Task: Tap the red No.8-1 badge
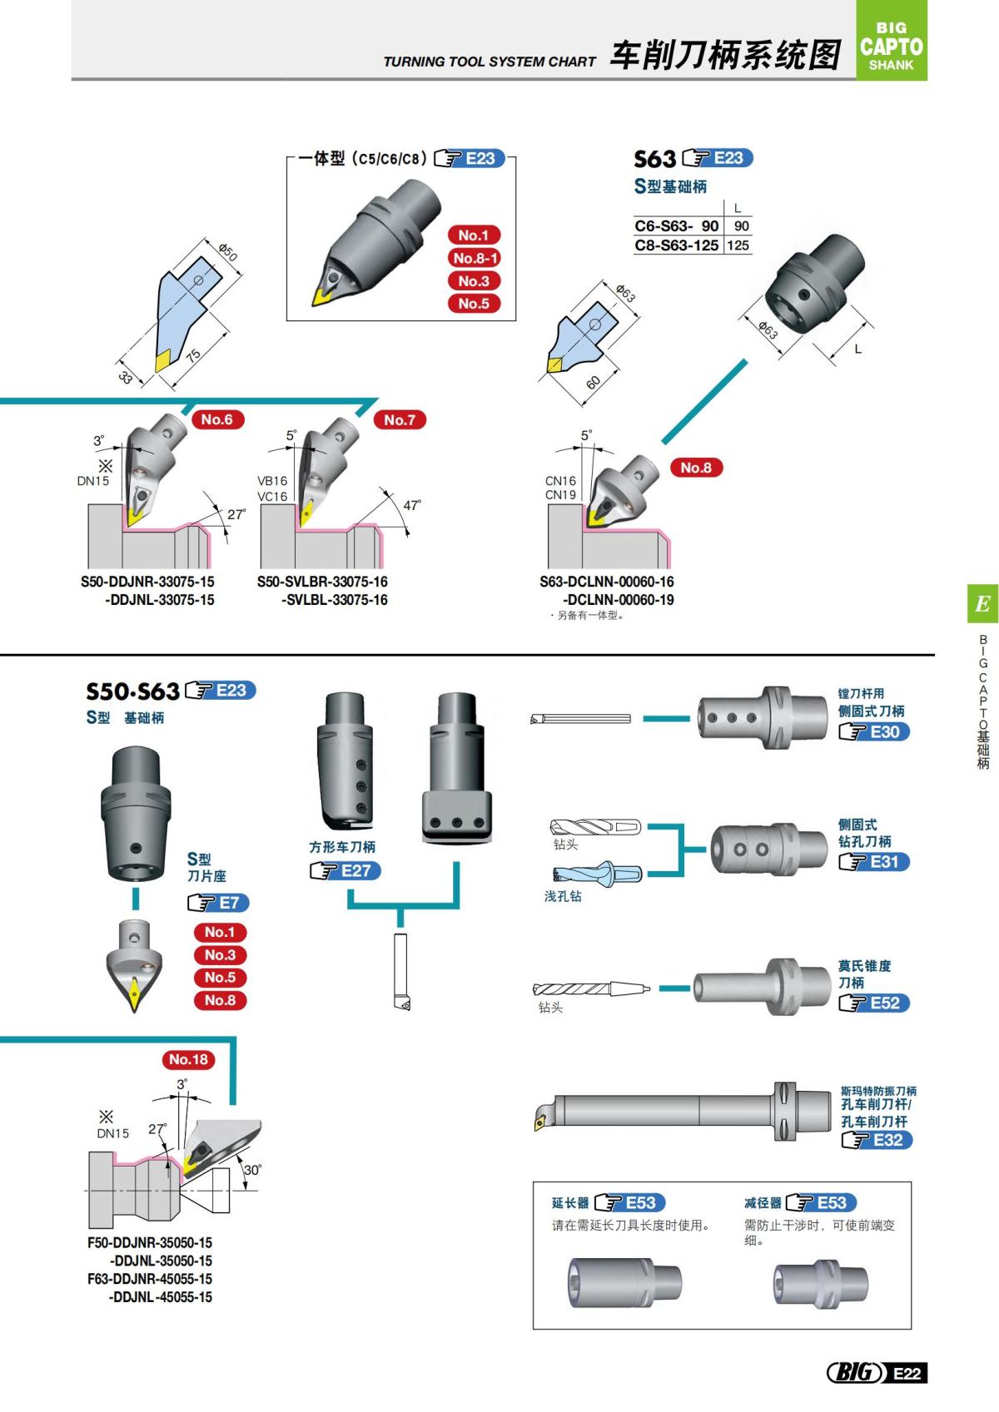(x=475, y=258)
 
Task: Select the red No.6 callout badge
(x=216, y=419)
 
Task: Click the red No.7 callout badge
(x=400, y=420)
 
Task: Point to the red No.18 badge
(x=188, y=1059)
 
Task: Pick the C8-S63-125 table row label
(x=676, y=245)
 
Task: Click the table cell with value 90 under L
(x=741, y=226)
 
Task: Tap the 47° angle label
(x=411, y=505)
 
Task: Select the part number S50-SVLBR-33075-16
(x=322, y=582)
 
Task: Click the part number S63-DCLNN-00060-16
(x=606, y=582)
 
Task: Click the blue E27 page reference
(x=355, y=871)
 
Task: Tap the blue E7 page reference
(x=228, y=903)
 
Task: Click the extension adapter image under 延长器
(x=624, y=1281)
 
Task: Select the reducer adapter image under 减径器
(x=820, y=1283)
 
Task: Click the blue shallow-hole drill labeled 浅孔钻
(x=597, y=874)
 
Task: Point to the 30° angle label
(x=251, y=1170)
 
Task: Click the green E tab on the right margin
(x=982, y=604)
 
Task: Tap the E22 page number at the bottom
(x=907, y=1373)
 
